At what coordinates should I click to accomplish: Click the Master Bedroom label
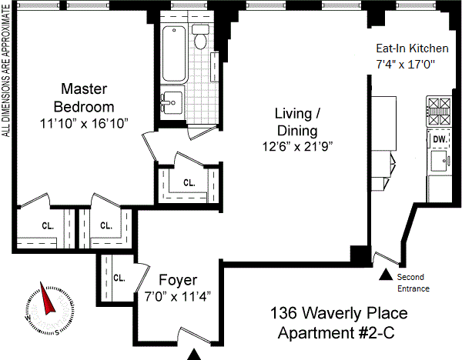84,98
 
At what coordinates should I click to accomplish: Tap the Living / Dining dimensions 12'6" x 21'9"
297,146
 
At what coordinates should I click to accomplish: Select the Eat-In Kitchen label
412,48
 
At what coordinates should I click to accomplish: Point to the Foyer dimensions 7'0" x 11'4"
178,296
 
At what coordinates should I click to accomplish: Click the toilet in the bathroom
201,37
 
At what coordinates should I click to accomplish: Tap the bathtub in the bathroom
174,54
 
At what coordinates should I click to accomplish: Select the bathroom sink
172,102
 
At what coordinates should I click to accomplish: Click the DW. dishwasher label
440,139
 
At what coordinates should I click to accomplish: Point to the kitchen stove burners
439,112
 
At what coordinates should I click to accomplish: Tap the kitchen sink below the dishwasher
440,161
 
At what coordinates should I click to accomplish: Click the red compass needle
46,298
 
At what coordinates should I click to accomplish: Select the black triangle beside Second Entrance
386,275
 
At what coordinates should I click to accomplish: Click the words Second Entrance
413,282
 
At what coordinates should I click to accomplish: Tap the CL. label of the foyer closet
119,278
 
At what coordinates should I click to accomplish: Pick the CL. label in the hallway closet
189,183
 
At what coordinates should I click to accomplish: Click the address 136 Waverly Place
339,313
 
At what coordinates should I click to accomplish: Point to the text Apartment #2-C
336,333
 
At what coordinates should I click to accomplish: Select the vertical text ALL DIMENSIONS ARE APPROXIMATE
6,71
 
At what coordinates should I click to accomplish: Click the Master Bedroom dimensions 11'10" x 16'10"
84,124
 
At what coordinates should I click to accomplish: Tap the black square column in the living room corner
360,255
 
